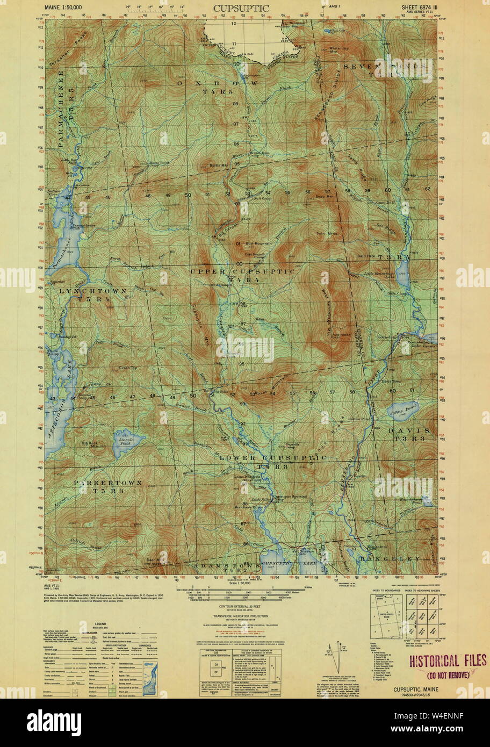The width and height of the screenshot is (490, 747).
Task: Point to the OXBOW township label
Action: point(219,84)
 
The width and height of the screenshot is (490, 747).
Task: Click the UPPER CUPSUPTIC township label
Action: point(242,272)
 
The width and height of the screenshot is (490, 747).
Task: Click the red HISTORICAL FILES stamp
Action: point(448,660)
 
